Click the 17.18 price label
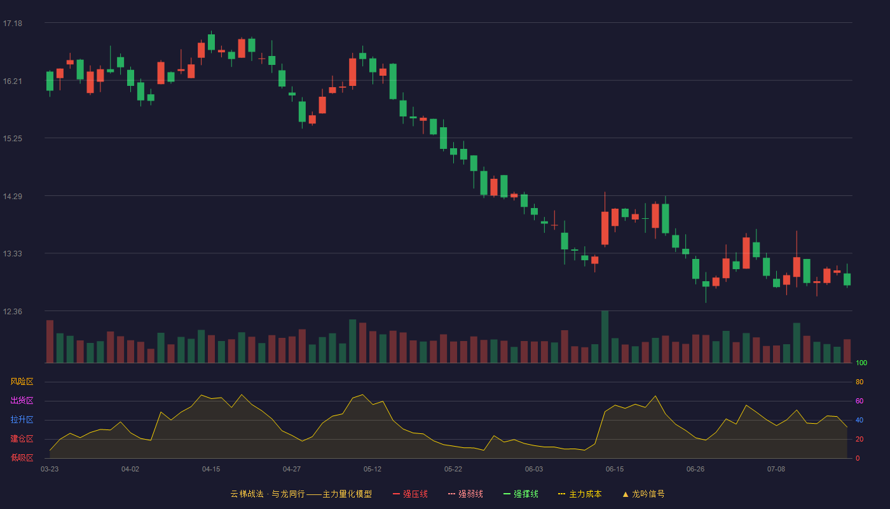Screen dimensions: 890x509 (x=13, y=24)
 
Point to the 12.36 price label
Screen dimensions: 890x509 (x=13, y=311)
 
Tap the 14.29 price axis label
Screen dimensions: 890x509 (x=13, y=197)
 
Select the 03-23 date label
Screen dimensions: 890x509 (x=50, y=470)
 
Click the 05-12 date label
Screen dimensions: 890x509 (x=373, y=470)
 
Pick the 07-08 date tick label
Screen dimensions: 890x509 (x=776, y=470)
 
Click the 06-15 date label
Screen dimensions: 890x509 (x=615, y=470)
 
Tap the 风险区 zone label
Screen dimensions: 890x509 (x=22, y=382)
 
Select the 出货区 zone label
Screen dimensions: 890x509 (x=22, y=400)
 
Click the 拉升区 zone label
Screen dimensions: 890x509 (x=22, y=419)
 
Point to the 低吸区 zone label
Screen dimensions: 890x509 (x=22, y=457)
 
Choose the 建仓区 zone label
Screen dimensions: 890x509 (x=22, y=438)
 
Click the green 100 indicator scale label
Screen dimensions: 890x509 (x=861, y=363)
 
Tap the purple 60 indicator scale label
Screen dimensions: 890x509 (x=859, y=401)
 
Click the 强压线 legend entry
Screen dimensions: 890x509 (x=410, y=494)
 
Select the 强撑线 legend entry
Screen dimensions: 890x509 (x=521, y=494)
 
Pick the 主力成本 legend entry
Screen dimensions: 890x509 (x=580, y=494)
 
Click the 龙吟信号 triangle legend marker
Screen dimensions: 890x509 (x=626, y=494)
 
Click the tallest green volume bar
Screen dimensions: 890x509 (x=605, y=337)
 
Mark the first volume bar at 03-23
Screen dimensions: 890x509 (x=50, y=342)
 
